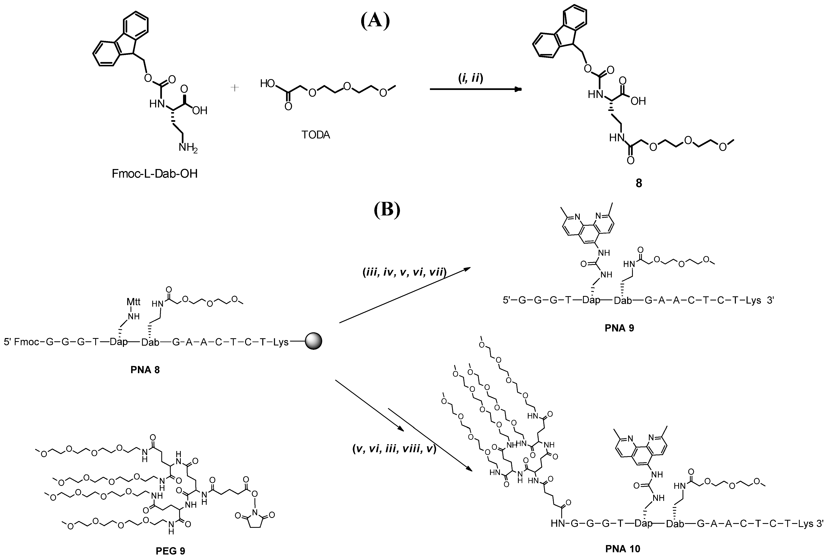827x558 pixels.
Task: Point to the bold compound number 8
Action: [639, 183]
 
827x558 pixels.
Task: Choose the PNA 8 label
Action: [145, 370]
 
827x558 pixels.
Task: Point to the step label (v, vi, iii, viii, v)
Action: [394, 449]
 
